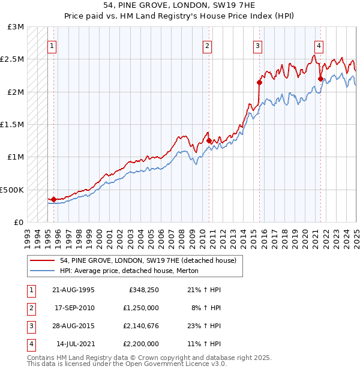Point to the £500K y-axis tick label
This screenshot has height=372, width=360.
tap(12, 190)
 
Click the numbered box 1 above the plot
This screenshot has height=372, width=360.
tap(52, 46)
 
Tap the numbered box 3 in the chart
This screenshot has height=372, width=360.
tap(257, 46)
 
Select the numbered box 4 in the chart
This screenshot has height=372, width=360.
tap(319, 46)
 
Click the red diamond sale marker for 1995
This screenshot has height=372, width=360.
tap(53, 199)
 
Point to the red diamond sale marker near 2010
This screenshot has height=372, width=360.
tap(209, 140)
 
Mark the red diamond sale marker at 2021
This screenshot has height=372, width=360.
tap(320, 79)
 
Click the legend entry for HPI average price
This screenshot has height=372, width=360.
tap(128, 271)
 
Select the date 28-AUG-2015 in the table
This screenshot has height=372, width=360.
tap(75, 326)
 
